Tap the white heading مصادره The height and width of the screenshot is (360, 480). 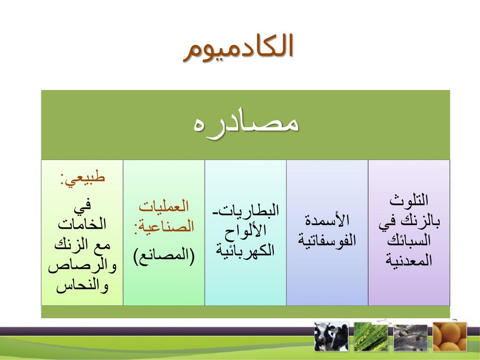pos(246,124)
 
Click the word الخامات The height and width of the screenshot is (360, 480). pos(82,224)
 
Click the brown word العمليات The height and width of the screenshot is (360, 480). pos(164,206)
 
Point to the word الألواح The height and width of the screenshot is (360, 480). pos(245,231)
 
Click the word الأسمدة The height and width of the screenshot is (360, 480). pos(327,220)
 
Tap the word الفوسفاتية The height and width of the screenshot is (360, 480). pos(327,240)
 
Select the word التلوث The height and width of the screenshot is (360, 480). pos(409,200)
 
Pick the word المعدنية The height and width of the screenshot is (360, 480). pos(409,260)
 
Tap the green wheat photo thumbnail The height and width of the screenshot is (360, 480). pos(371,337)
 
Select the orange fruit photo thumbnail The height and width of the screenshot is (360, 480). pos(450,336)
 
